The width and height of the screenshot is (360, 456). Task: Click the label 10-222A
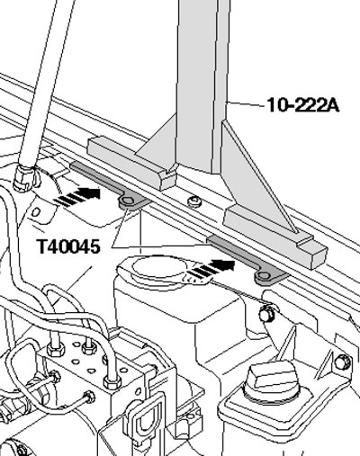(303, 105)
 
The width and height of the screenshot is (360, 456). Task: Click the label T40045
(68, 246)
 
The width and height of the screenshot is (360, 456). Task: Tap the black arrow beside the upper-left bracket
(77, 196)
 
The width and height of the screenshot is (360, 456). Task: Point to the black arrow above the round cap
(211, 268)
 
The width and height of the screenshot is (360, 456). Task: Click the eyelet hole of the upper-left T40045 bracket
(127, 201)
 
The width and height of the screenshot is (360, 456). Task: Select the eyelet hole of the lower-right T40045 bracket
(263, 276)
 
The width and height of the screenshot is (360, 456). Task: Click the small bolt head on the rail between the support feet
(194, 201)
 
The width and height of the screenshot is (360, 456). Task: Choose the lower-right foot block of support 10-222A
(274, 237)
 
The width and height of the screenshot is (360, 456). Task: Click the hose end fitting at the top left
(27, 178)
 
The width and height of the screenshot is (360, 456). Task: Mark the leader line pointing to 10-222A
(247, 103)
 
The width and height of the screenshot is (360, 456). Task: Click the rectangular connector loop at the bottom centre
(143, 420)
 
